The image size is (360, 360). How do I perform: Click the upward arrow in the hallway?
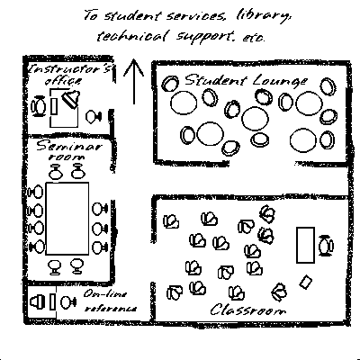[134, 82]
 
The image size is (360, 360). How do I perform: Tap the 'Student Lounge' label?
[246, 81]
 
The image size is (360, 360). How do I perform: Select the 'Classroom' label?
[247, 310]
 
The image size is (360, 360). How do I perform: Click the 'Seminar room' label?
[69, 150]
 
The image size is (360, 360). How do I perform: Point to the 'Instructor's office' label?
[70, 74]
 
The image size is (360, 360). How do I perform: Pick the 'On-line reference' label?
[110, 301]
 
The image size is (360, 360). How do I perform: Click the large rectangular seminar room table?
[67, 219]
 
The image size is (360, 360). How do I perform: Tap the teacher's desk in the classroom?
[305, 245]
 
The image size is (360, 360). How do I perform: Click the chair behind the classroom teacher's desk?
[326, 246]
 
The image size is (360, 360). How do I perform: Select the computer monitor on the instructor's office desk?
[71, 98]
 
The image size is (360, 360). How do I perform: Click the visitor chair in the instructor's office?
[94, 117]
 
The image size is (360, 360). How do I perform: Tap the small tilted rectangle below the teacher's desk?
[306, 283]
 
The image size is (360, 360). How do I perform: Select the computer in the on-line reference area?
[38, 301]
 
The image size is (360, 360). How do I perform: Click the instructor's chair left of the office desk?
[39, 106]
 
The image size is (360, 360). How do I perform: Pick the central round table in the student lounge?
[255, 119]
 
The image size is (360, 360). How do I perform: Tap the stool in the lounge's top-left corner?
[170, 84]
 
